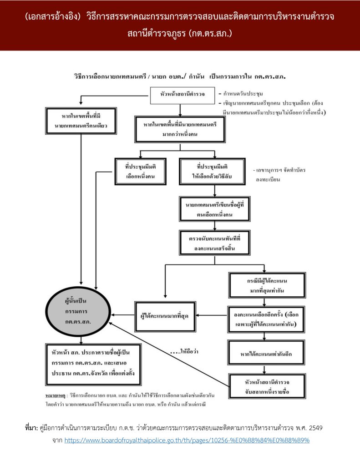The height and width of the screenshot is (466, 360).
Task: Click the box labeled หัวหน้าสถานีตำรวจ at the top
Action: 182,94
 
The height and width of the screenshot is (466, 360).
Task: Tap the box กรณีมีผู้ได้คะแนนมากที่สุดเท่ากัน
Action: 266,284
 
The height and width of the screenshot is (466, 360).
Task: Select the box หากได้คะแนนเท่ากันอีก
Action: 266,352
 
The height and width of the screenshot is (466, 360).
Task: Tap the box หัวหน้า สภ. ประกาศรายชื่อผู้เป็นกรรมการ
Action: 93,365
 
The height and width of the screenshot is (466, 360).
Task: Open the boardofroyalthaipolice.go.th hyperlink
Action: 187,441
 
